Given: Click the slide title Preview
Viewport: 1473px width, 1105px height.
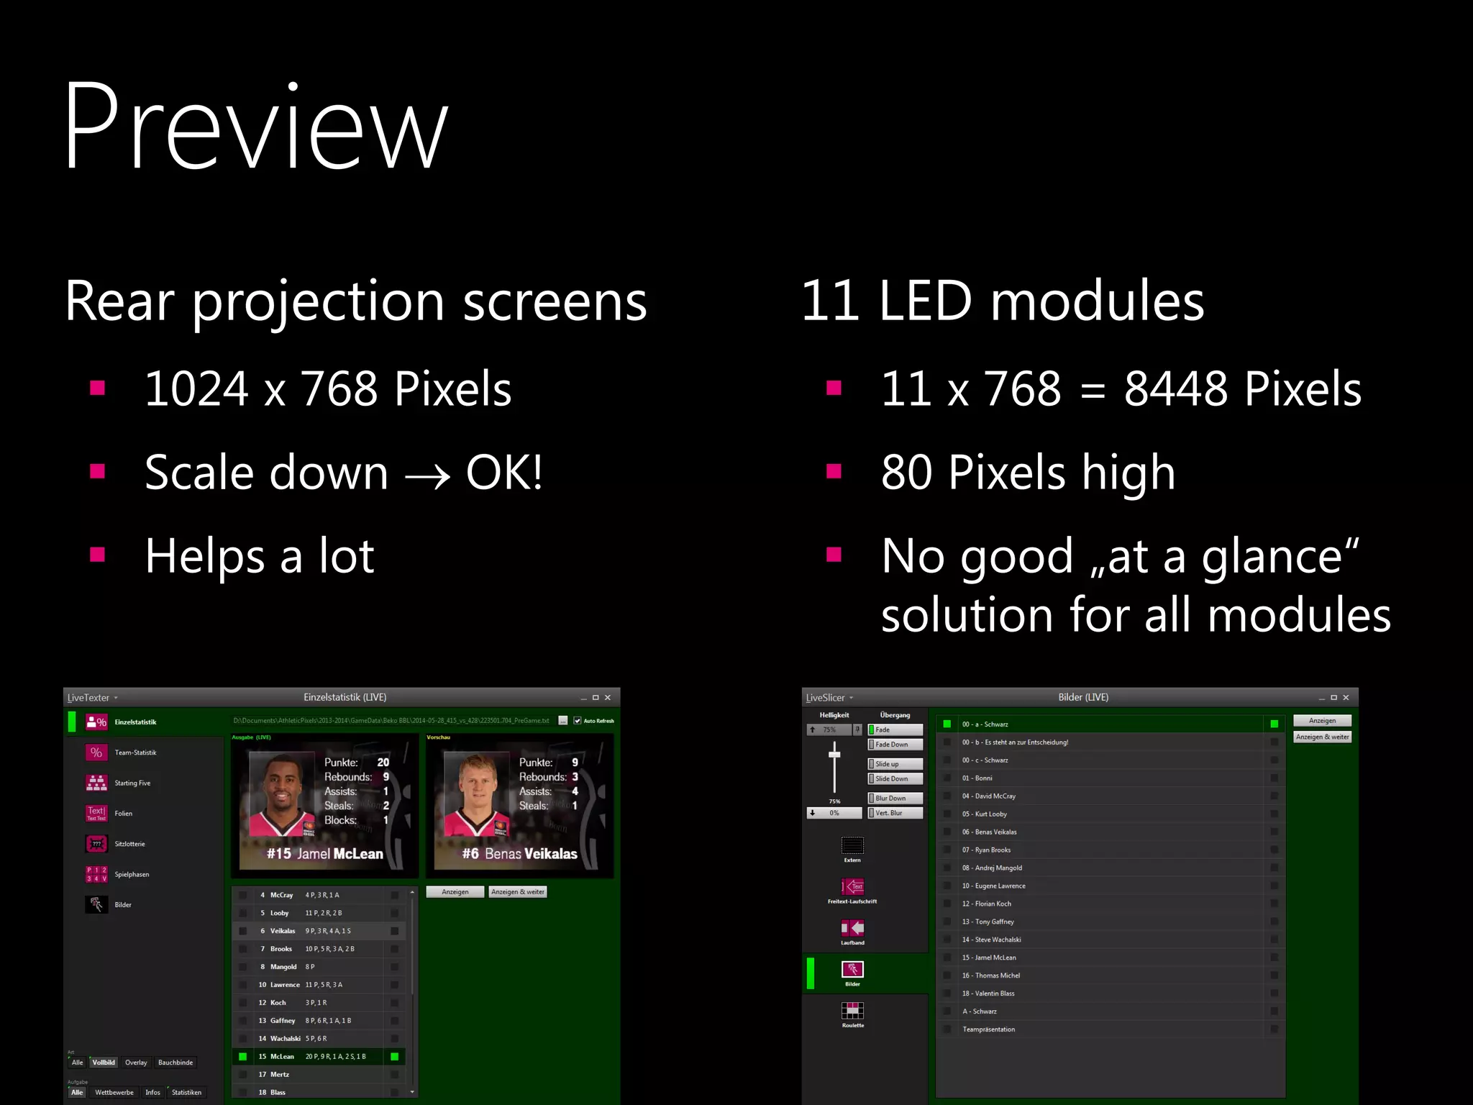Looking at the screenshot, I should click(x=255, y=128).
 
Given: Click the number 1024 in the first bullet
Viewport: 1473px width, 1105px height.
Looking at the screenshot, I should click(x=196, y=389).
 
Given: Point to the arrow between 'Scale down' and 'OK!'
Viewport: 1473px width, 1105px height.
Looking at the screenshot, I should click(x=427, y=476).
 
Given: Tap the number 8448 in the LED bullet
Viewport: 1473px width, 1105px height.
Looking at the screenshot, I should click(x=1176, y=389).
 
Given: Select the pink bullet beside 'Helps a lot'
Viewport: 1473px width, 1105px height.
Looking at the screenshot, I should click(x=98, y=555).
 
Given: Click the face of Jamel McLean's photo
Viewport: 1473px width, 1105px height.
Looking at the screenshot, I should click(x=281, y=788).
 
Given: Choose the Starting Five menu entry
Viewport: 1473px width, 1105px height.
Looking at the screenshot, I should click(x=132, y=783).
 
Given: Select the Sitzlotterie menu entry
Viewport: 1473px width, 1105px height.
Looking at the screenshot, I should click(x=129, y=844).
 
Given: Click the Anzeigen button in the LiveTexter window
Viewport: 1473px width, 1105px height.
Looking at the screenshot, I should click(x=455, y=892).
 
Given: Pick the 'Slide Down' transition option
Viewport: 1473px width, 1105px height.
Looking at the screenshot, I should click(x=895, y=779).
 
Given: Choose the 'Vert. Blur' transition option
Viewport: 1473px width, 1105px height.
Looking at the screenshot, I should click(x=895, y=813).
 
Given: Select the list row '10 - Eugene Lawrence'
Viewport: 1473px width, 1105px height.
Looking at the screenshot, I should click(x=993, y=886).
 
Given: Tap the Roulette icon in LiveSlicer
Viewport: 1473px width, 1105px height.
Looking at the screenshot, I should click(x=852, y=1011).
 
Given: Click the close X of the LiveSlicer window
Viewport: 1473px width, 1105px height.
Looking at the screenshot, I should click(x=1346, y=698).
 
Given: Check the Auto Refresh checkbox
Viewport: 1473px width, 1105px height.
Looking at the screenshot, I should click(x=578, y=721).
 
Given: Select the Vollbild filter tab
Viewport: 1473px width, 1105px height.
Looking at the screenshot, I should click(x=104, y=1063).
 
